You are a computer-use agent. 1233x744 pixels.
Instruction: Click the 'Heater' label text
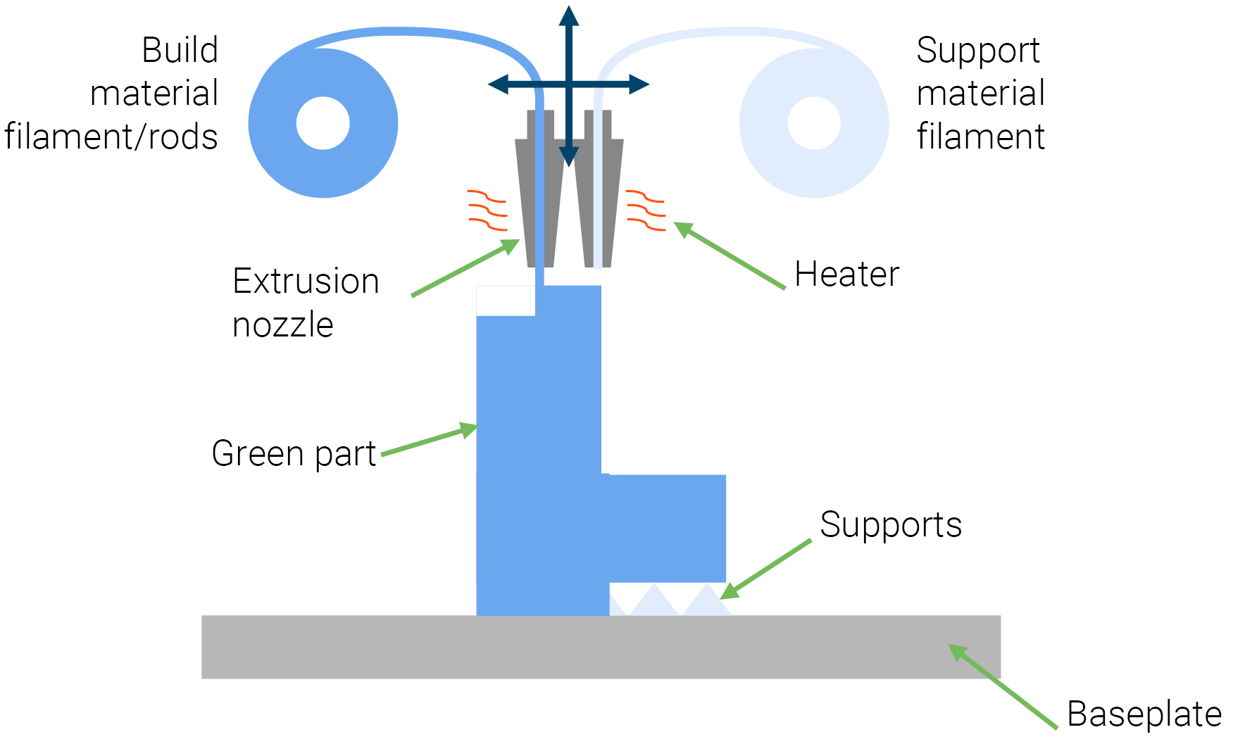click(x=846, y=275)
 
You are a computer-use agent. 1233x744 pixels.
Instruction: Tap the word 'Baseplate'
click(x=1144, y=715)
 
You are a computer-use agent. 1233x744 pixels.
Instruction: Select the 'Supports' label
click(x=890, y=525)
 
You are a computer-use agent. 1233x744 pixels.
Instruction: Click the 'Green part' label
click(x=294, y=454)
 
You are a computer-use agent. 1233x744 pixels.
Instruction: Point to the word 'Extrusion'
click(x=306, y=282)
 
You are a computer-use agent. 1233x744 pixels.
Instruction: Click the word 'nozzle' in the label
click(x=282, y=325)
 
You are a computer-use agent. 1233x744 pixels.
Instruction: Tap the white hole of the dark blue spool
click(x=323, y=123)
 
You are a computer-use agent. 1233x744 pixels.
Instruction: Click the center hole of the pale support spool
click(x=814, y=123)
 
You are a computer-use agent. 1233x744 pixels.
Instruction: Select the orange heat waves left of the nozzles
click(x=487, y=210)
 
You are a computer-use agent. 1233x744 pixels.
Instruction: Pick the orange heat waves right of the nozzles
click(x=646, y=210)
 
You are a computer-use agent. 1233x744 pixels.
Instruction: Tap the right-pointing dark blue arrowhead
click(x=639, y=84)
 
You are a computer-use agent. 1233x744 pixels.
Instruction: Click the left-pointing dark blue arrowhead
click(x=499, y=84)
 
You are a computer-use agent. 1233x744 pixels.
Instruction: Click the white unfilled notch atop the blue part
click(x=506, y=301)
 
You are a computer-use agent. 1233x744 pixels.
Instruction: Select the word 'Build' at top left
click(x=180, y=51)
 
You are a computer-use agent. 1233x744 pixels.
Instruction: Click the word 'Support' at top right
click(x=977, y=51)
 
